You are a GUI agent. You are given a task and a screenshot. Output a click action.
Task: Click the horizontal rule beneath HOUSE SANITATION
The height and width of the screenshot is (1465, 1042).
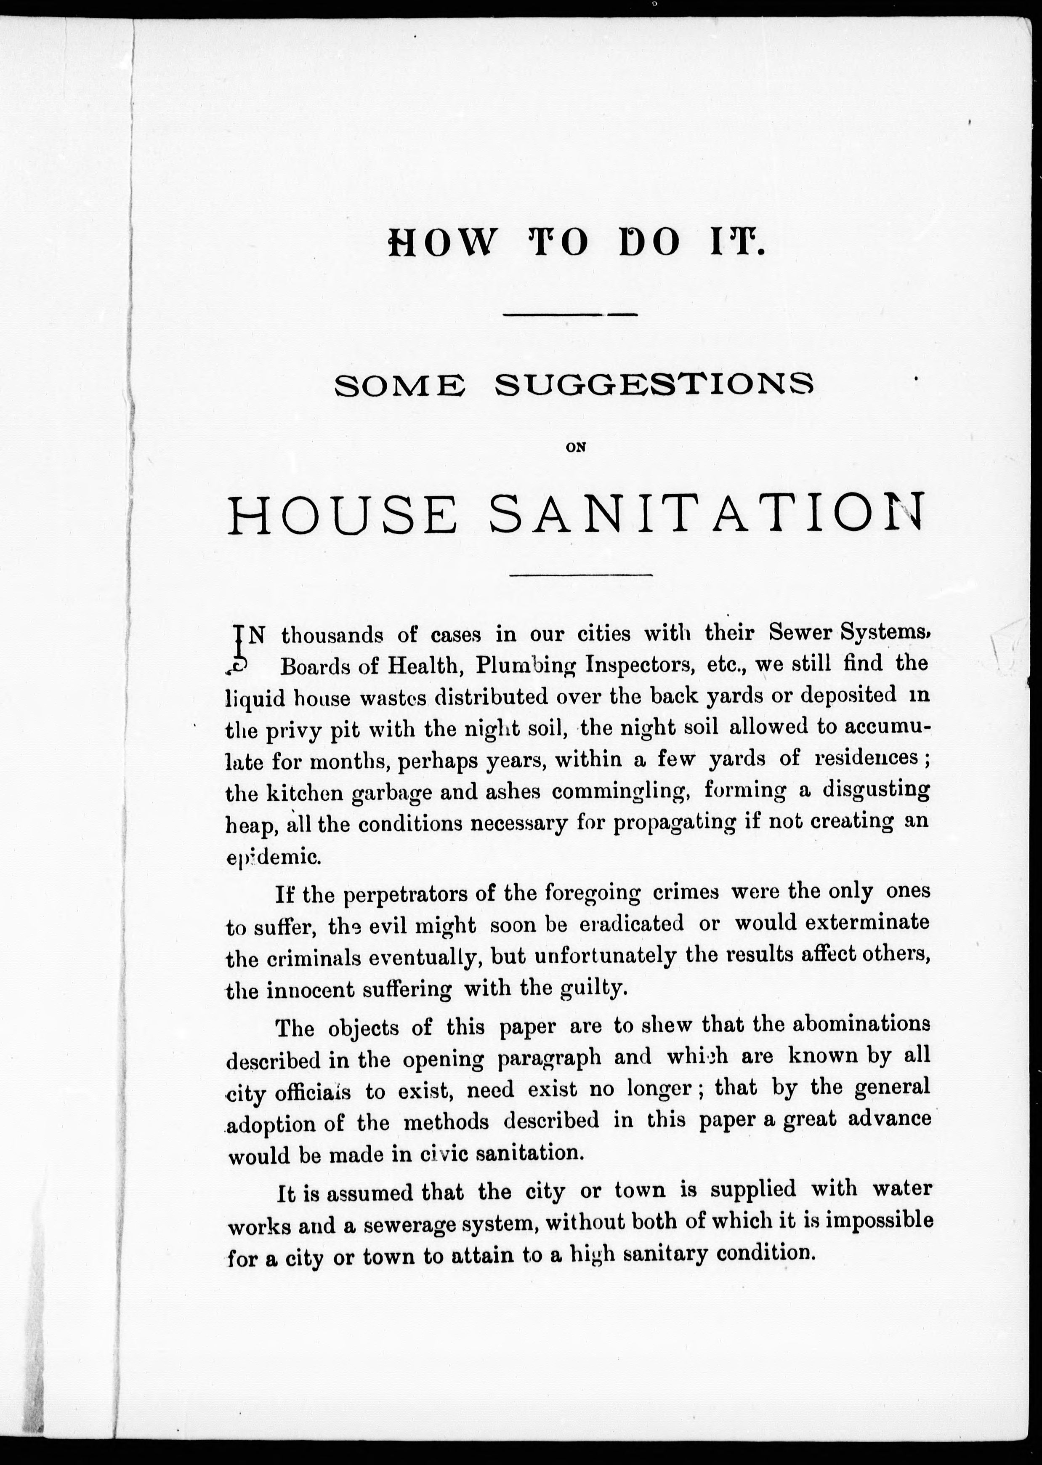pos(581,574)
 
